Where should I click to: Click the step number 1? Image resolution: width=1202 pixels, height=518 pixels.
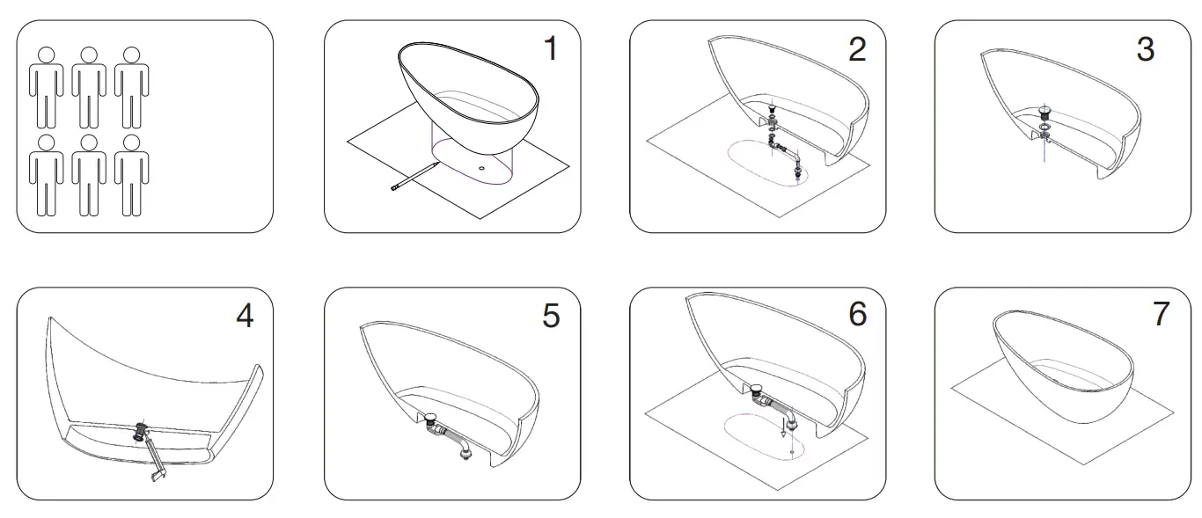click(x=550, y=48)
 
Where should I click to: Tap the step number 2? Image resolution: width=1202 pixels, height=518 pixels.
click(x=856, y=48)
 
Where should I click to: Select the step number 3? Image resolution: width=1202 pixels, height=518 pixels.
click(x=1144, y=48)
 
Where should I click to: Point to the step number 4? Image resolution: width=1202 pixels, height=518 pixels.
click(x=245, y=316)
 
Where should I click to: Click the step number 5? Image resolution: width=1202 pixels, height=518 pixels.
click(x=550, y=316)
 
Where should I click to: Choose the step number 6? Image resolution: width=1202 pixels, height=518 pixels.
click(x=856, y=314)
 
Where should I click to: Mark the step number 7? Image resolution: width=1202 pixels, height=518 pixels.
click(x=1161, y=314)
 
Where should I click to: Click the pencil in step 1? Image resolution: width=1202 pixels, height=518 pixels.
click(x=414, y=176)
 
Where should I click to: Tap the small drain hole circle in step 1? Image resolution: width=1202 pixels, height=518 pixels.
click(x=482, y=165)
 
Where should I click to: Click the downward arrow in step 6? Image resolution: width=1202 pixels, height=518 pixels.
click(x=784, y=431)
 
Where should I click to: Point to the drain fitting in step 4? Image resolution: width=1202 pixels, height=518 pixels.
click(x=139, y=432)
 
